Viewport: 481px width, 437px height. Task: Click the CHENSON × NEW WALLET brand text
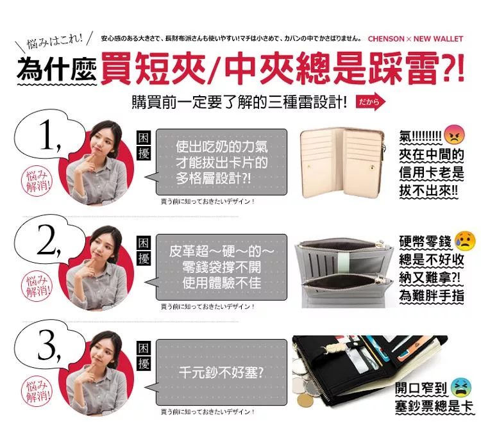coord(416,39)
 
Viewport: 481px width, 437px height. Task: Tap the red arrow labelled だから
coord(371,101)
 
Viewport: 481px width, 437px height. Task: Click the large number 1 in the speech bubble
coord(49,135)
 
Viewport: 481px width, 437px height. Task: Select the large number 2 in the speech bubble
coord(49,240)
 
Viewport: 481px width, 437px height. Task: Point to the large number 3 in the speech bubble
coord(49,345)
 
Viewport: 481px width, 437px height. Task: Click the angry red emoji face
coord(454,134)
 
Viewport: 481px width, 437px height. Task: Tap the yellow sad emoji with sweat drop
coord(465,240)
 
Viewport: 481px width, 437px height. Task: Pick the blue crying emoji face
coord(461,387)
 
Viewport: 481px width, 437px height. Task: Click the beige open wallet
coord(342,163)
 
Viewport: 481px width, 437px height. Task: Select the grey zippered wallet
coord(344,273)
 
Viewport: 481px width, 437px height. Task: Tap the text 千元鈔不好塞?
coord(221,373)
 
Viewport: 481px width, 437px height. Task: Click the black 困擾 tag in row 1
coord(143,145)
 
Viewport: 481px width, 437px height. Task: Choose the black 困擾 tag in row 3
coord(143,356)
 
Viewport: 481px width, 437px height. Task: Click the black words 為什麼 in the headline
coord(56,69)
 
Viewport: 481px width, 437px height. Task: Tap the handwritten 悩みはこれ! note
coord(55,41)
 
